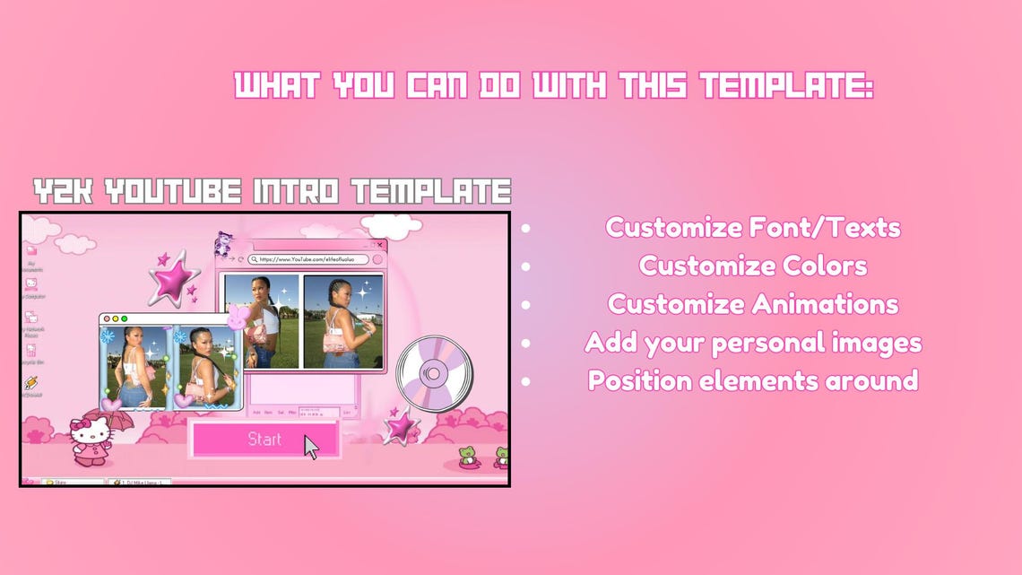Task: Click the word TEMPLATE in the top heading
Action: pos(786,87)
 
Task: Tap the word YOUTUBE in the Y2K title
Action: pos(170,191)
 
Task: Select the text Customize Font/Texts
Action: pos(753,227)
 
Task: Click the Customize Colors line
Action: pos(753,266)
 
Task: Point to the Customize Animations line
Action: pos(753,304)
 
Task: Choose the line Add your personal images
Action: pos(753,342)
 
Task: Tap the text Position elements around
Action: pos(753,380)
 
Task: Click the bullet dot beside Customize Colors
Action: pos(525,266)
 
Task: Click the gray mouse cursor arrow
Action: pos(311,446)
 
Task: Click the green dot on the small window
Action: pos(124,318)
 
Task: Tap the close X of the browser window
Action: pos(380,244)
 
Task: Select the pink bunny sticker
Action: pos(237,317)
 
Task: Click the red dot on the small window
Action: pos(106,318)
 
